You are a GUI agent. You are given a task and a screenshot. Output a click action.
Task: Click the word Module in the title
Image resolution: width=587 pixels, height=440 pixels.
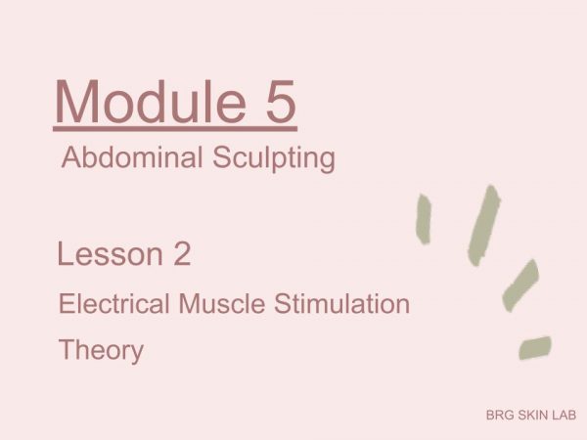tap(151, 101)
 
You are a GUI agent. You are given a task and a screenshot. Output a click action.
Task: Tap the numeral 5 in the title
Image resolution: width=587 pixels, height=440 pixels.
tap(281, 101)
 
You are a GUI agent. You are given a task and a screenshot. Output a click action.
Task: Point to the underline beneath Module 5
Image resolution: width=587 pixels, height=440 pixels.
tap(175, 129)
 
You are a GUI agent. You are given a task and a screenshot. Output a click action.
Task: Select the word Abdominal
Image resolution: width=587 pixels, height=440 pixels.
tap(132, 157)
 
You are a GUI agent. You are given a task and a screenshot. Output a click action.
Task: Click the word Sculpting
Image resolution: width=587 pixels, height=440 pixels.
tap(274, 158)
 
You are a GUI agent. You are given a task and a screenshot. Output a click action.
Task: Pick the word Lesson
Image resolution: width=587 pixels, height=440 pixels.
tap(110, 254)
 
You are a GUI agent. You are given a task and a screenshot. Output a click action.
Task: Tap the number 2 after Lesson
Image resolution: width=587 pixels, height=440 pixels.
tap(182, 254)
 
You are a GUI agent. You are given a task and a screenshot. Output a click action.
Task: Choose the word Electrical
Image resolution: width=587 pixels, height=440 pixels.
tap(114, 303)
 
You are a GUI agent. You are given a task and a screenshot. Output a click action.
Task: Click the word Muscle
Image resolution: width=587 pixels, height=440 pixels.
tap(222, 303)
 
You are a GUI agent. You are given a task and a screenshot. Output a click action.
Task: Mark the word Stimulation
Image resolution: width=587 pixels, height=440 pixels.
tap(341, 303)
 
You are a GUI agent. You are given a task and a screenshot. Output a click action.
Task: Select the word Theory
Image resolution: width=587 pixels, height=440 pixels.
tap(101, 351)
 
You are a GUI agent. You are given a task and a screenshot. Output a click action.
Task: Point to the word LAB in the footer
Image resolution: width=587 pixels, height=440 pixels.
tap(564, 415)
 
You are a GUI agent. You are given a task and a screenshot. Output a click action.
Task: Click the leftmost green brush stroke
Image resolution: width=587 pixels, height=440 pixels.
tap(424, 219)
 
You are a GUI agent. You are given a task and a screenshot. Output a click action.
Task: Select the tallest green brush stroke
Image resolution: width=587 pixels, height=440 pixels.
tap(484, 225)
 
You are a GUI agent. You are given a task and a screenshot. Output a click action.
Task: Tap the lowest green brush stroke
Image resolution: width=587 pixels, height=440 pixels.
tap(535, 347)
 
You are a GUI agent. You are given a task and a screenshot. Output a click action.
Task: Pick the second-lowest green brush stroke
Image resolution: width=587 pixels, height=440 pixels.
tap(520, 286)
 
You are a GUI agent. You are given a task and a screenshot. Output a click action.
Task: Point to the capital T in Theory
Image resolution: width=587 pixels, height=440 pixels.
tap(68, 349)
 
